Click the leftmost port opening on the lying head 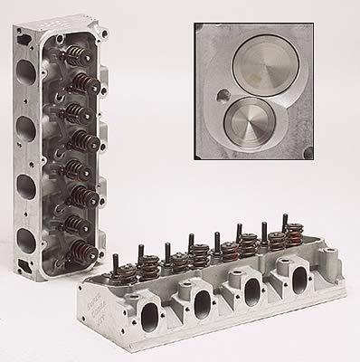click(139, 312)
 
